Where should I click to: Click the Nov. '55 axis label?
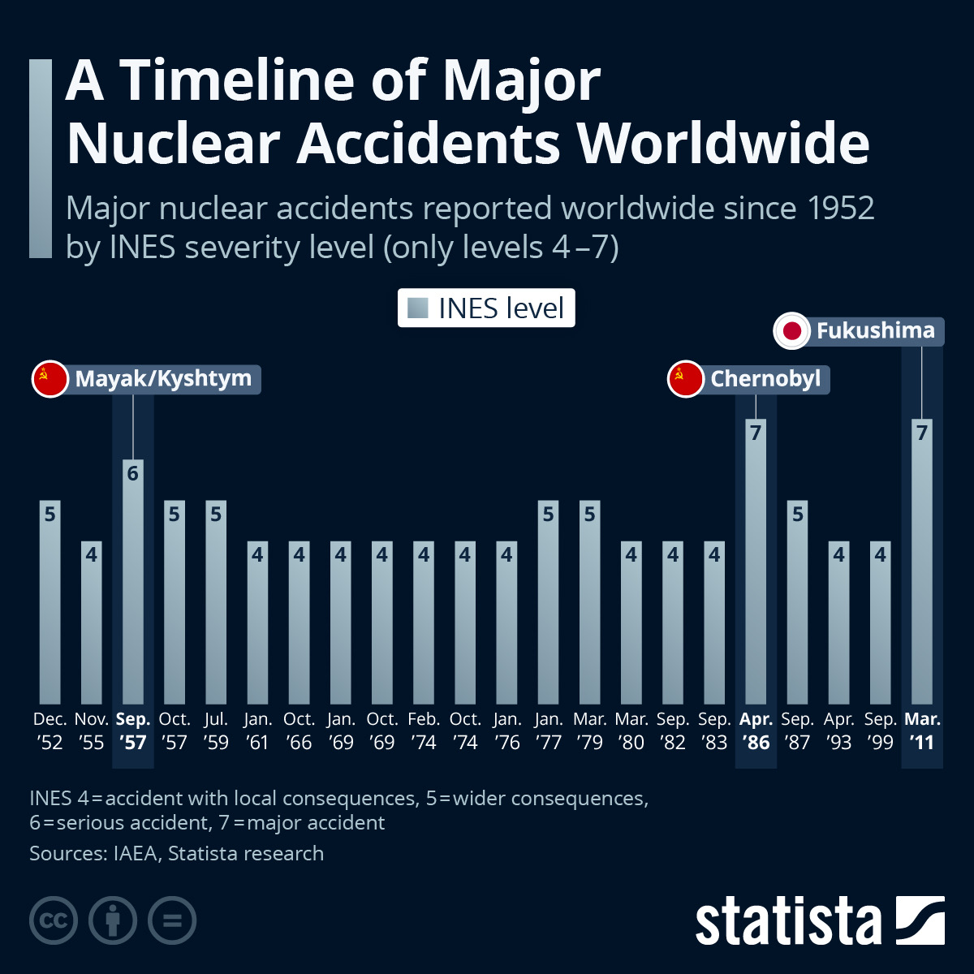(x=92, y=730)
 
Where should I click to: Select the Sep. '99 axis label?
(x=881, y=730)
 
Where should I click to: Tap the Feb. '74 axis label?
(x=424, y=730)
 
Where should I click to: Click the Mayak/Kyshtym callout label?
(x=163, y=379)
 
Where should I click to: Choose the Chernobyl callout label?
(x=765, y=379)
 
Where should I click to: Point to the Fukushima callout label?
(x=875, y=331)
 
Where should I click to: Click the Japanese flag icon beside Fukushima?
(x=792, y=331)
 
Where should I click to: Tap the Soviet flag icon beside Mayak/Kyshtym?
(x=50, y=379)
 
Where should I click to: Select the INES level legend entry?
(x=486, y=308)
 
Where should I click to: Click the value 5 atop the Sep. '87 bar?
(x=798, y=514)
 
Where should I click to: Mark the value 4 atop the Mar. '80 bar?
(x=631, y=554)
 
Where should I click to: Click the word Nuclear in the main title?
(x=173, y=144)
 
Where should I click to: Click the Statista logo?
(x=820, y=921)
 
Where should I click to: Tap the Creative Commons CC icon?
(x=54, y=920)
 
